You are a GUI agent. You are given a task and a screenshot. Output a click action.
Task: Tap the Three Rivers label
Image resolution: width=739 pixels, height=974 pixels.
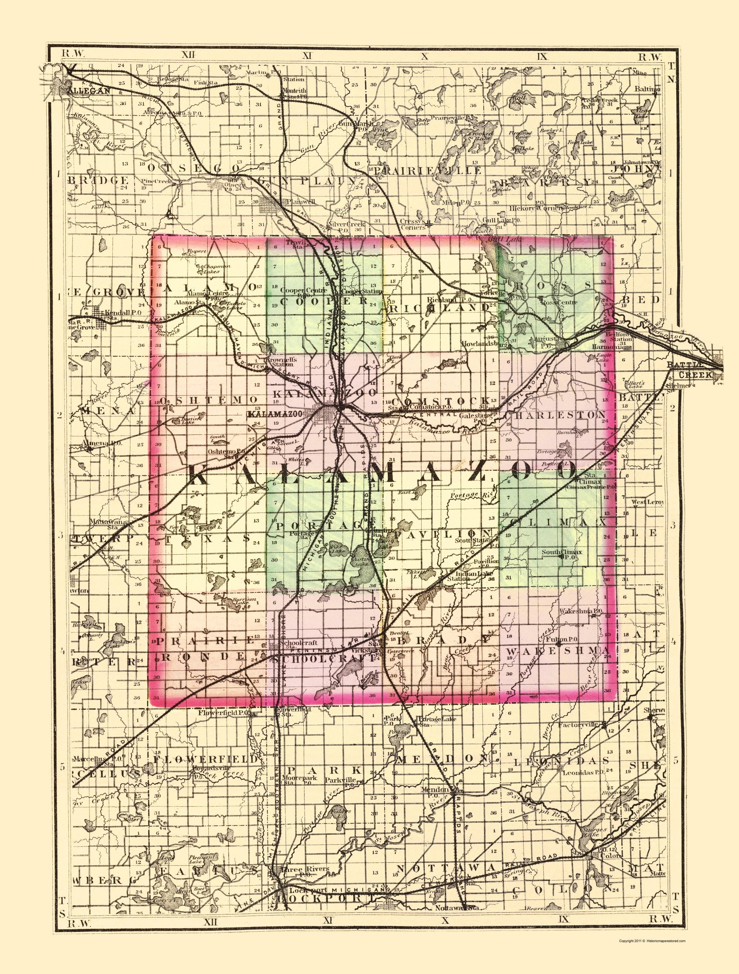(x=303, y=869)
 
